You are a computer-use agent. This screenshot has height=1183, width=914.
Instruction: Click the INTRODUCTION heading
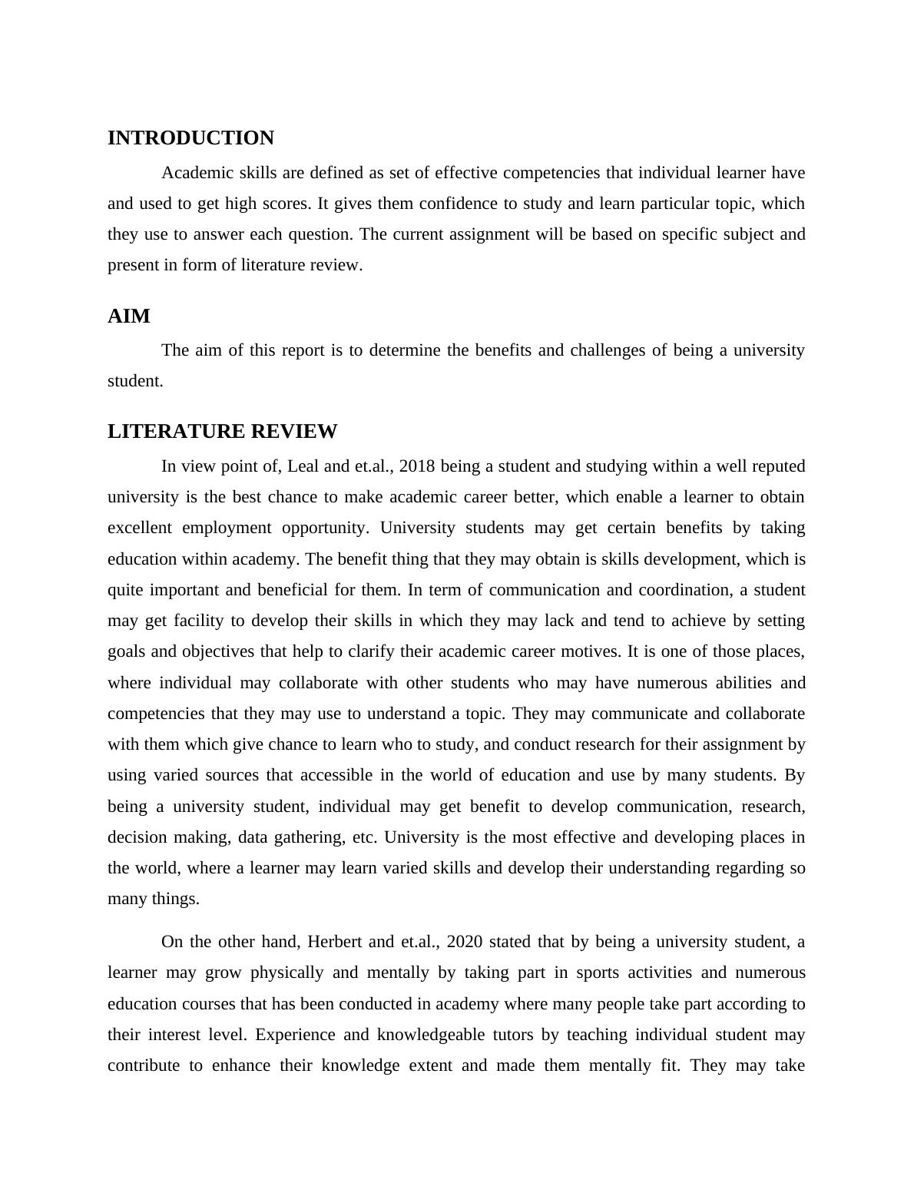pos(190,138)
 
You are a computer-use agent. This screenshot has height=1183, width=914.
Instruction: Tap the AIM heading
pos(128,316)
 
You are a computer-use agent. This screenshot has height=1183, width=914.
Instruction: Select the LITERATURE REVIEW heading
pos(222,432)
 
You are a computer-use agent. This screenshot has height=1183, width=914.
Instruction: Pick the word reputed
pos(779,466)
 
